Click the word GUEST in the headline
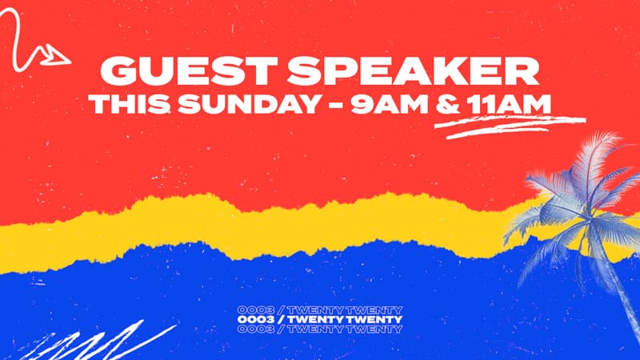[189, 70]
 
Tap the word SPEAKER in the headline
[413, 70]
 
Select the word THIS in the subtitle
[129, 104]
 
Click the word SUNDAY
[249, 104]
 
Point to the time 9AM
[389, 104]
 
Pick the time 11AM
[509, 104]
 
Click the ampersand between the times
[448, 104]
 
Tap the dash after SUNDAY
[335, 106]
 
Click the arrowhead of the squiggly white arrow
[55, 55]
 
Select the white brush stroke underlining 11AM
[510, 126]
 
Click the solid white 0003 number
[255, 319]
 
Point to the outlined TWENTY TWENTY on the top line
[346, 310]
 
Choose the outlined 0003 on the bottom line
[255, 329]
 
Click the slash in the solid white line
[281, 319]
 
